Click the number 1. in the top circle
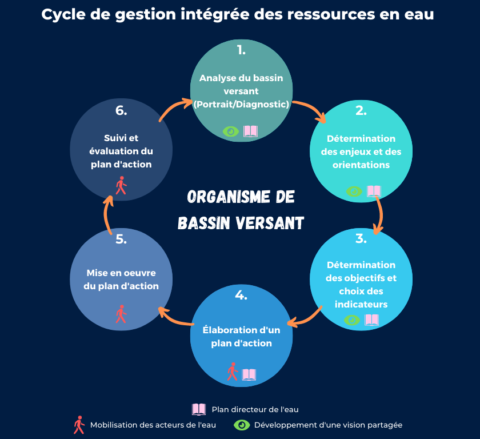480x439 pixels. pyautogui.click(x=241, y=50)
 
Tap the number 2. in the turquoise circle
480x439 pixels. pyautogui.click(x=361, y=110)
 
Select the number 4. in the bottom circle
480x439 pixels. pyautogui.click(x=241, y=295)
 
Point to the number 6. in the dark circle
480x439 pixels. pyautogui.click(x=121, y=110)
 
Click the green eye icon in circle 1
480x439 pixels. pyautogui.click(x=230, y=131)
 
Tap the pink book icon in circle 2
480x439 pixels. pyautogui.click(x=374, y=191)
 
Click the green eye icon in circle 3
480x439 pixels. pyautogui.click(x=352, y=320)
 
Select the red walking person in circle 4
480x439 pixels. pyautogui.click(x=233, y=372)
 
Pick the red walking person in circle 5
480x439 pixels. pyautogui.click(x=121, y=314)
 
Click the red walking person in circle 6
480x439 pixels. pyautogui.click(x=121, y=185)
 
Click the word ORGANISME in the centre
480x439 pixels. pyautogui.click(x=229, y=197)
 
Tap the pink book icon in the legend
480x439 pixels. pyautogui.click(x=199, y=409)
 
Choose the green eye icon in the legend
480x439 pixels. pyautogui.click(x=242, y=425)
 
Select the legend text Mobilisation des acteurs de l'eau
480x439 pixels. pyautogui.click(x=153, y=425)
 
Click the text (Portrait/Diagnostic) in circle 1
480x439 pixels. pyautogui.click(x=241, y=105)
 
